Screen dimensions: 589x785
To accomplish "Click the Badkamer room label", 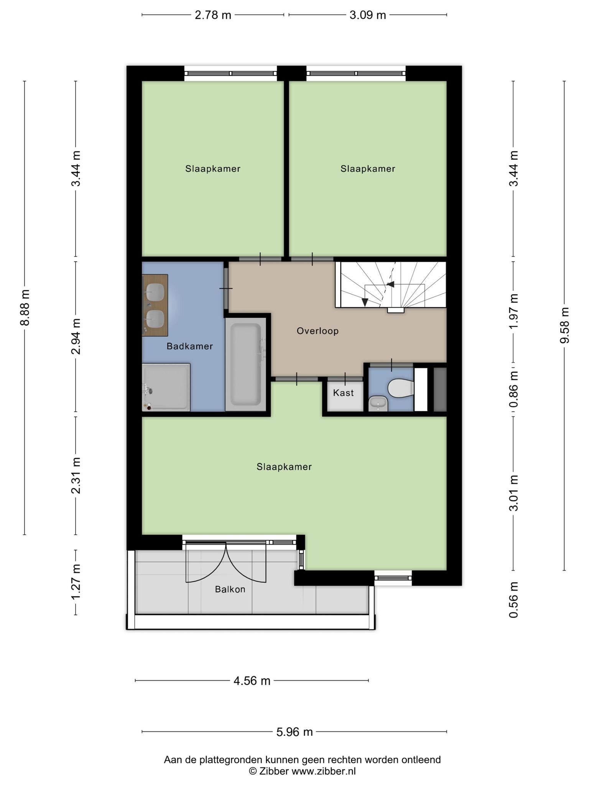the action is coord(189,346).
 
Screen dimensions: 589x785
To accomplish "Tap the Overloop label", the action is coord(318,331).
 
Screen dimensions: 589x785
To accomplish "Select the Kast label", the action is coord(343,392).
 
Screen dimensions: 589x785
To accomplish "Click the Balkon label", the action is coord(230,589).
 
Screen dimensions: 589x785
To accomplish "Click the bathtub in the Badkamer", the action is coord(245,364).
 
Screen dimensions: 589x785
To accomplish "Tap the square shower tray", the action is coord(166,387).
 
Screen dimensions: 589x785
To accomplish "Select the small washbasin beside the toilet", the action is coord(378,403).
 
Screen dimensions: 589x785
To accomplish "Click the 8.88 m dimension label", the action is coord(25,308).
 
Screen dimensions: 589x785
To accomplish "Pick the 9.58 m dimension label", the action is coord(564,325).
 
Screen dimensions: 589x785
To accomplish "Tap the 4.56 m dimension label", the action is coord(252,681).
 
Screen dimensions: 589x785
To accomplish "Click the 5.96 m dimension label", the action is coord(294,732).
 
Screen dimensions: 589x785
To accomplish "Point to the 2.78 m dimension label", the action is coord(213,15).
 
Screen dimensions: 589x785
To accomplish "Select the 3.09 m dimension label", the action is coord(367,15).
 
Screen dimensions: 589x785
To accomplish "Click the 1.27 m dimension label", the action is coord(76,582).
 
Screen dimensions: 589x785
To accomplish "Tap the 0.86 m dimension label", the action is coord(513,389).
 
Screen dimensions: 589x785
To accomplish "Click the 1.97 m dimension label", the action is coord(513,311).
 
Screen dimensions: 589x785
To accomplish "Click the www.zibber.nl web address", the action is coord(324,771).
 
